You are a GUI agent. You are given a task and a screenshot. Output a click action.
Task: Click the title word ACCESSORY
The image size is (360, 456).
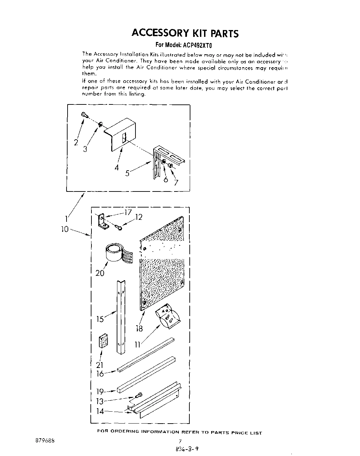pyautogui.click(x=160, y=33)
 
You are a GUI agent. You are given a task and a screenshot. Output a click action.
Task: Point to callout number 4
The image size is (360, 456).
pyautogui.click(x=117, y=167)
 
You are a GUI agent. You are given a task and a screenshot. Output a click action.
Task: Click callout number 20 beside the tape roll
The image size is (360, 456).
pyautogui.click(x=100, y=273)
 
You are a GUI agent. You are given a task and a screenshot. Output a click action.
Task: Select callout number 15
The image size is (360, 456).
pyautogui.click(x=100, y=319)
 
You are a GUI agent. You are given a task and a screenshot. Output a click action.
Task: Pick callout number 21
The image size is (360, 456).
pyautogui.click(x=100, y=365)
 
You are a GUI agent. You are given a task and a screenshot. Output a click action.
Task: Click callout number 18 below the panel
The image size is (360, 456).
pyautogui.click(x=139, y=328)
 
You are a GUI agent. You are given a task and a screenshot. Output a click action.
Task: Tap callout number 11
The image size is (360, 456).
pyautogui.click(x=138, y=345)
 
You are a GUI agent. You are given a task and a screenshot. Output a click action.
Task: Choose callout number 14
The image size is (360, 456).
pyautogui.click(x=100, y=411)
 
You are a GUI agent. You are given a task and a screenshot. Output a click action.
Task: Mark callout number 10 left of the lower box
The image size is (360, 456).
pyautogui.click(x=65, y=229)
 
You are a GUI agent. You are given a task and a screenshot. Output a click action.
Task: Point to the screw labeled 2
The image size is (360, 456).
pyautogui.click(x=84, y=115)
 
